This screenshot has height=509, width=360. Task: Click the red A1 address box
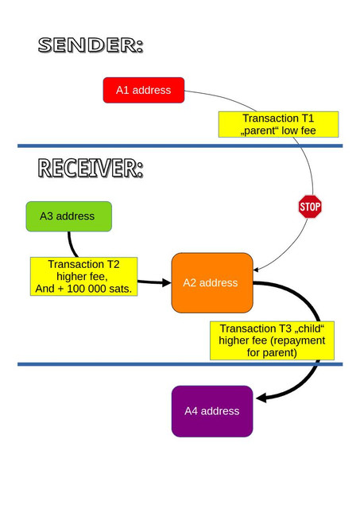[144, 90]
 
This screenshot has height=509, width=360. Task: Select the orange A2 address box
[212, 283]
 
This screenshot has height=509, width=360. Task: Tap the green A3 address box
[69, 216]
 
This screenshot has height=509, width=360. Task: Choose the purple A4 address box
[212, 411]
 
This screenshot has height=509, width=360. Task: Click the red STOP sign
[310, 207]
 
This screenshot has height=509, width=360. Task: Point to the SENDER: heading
[91, 45]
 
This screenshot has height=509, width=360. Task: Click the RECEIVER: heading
[91, 168]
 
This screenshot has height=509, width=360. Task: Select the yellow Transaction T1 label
[278, 124]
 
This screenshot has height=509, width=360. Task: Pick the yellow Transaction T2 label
[83, 277]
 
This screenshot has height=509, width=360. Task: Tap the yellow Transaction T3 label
[272, 340]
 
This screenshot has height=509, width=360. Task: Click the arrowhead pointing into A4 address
[261, 398]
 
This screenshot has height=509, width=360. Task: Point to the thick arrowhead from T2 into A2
[166, 282]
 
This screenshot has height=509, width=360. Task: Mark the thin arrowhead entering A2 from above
[256, 270]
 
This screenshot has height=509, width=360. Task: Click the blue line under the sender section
[180, 146]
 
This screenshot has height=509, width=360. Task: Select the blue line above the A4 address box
[180, 364]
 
